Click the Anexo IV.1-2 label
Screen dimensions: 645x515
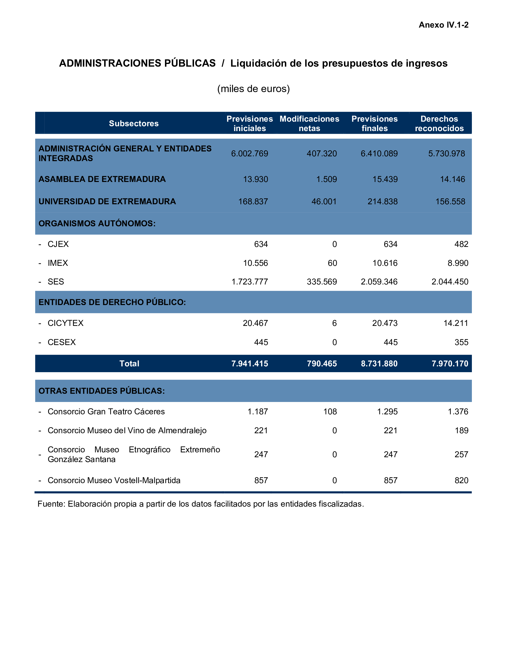click(x=443, y=25)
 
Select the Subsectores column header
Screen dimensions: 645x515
click(x=134, y=123)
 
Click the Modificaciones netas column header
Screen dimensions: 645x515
click(x=309, y=123)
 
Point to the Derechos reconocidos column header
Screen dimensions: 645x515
click(x=439, y=123)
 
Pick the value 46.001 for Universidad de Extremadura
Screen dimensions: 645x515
click(x=324, y=201)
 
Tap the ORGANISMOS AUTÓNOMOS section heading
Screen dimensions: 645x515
click(x=97, y=223)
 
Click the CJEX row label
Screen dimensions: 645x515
click(x=58, y=244)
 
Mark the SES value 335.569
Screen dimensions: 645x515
click(x=321, y=282)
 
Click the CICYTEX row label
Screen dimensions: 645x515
click(x=65, y=323)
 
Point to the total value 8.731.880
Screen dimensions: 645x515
click(x=379, y=363)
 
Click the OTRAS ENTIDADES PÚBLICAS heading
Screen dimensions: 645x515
click(x=102, y=391)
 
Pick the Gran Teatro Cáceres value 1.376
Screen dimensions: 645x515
click(x=458, y=412)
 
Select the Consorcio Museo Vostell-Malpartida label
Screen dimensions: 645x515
click(x=114, y=480)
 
